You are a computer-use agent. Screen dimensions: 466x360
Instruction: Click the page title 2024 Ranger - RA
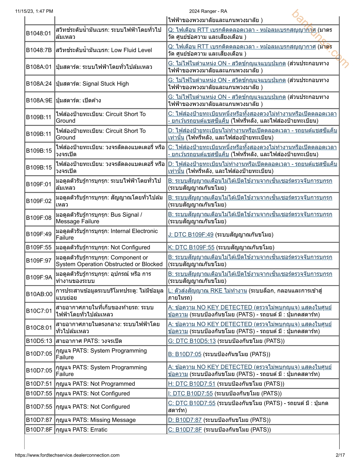click(208, 11)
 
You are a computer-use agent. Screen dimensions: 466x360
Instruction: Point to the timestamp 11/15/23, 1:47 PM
click(34, 11)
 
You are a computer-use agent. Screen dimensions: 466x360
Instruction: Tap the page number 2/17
click(340, 455)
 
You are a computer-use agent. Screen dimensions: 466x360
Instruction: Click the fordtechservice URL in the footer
click(67, 455)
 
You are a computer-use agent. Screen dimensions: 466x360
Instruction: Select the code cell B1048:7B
click(39, 50)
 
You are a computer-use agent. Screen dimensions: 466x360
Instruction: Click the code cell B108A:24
click(39, 84)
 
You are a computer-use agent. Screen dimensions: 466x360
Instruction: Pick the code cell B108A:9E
click(39, 100)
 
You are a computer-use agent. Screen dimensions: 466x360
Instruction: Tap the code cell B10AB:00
click(39, 294)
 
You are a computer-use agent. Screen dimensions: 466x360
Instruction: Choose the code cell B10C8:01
click(39, 328)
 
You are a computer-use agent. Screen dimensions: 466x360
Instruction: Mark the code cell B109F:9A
click(39, 277)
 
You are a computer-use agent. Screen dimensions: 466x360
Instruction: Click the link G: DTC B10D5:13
click(192, 341)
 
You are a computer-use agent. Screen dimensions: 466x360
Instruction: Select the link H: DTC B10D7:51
click(192, 384)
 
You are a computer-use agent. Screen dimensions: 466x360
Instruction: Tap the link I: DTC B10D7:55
click(190, 393)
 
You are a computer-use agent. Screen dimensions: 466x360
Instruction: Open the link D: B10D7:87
click(185, 420)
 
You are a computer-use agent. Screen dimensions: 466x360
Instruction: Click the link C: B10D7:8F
click(185, 430)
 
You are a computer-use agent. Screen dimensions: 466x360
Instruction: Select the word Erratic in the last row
click(99, 430)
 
